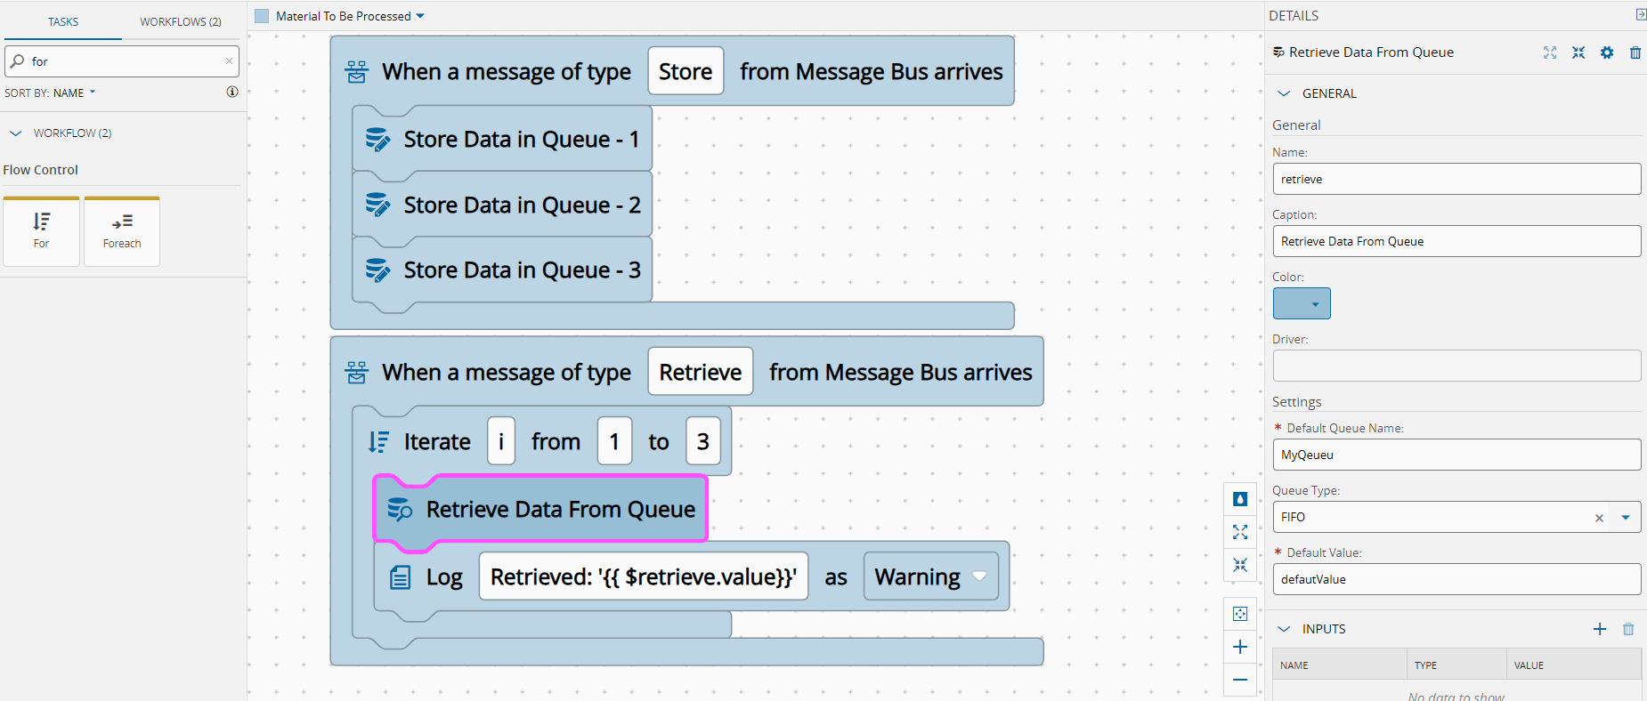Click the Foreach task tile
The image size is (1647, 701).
coord(122,231)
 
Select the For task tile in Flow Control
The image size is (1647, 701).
coord(42,231)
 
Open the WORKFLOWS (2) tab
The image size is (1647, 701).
coord(181,21)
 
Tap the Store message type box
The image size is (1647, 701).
coord(686,72)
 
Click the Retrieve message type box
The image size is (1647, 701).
coord(701,373)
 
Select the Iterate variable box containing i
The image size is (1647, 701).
coord(501,442)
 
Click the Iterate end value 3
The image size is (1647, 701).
coord(703,442)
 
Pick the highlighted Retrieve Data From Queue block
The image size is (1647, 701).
coord(541,510)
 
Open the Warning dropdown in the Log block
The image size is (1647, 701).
coord(931,577)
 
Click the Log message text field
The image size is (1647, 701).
coord(644,577)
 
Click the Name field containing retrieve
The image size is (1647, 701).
coord(1456,179)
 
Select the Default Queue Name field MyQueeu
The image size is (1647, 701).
coord(1456,455)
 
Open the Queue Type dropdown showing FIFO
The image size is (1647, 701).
coord(1626,517)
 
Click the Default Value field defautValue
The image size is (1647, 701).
coord(1456,579)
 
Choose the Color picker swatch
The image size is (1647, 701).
coord(1302,303)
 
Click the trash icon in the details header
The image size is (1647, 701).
coord(1635,52)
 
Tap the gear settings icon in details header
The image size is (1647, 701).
coord(1607,52)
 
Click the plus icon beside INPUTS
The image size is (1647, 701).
coord(1600,629)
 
